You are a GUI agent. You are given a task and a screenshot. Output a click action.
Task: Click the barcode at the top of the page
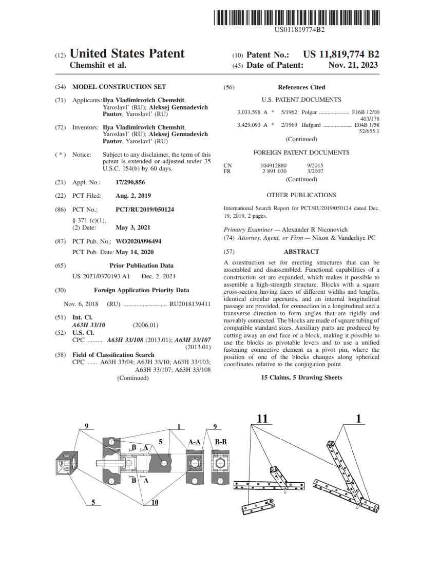pyautogui.click(x=297, y=17)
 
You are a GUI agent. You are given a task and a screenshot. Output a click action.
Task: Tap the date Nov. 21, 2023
pyautogui.click(x=353, y=65)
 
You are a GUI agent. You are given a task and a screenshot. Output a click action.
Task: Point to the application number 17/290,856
pyautogui.click(x=130, y=182)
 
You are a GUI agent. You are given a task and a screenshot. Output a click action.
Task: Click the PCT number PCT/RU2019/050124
pyautogui.click(x=145, y=210)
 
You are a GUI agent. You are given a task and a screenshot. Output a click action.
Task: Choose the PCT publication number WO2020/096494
pyautogui.click(x=139, y=241)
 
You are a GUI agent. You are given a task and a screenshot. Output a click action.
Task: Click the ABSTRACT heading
pyautogui.click(x=301, y=252)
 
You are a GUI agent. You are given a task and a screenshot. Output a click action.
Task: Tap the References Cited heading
pyautogui.click(x=301, y=87)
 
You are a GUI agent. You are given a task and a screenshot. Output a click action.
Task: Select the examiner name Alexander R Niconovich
pyautogui.click(x=311, y=230)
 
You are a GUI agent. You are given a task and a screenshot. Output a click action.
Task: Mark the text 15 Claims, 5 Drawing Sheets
pyautogui.click(x=301, y=377)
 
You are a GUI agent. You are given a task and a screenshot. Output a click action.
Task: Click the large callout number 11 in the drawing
pyautogui.click(x=262, y=420)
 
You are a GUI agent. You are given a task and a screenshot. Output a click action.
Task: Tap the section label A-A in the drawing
pyautogui.click(x=194, y=442)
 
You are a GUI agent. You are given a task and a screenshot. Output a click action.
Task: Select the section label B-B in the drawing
pyautogui.click(x=221, y=442)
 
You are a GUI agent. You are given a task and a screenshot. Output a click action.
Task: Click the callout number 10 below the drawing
pyautogui.click(x=155, y=502)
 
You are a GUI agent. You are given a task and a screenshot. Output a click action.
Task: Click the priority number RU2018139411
pyautogui.click(x=190, y=304)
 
